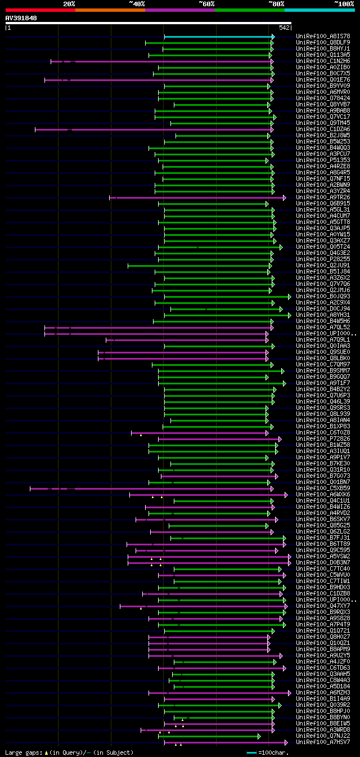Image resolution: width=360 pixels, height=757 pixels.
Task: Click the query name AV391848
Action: click(x=21, y=18)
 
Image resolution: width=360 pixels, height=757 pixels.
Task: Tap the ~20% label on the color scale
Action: click(x=69, y=3)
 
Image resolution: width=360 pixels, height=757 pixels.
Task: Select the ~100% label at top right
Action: click(x=344, y=3)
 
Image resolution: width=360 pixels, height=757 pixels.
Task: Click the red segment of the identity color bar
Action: click(x=40, y=10)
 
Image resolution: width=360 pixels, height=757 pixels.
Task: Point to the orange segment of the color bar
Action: click(x=110, y=10)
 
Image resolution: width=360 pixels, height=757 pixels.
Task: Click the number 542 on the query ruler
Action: click(x=284, y=28)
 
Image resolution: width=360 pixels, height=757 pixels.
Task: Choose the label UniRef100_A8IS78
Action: click(x=323, y=37)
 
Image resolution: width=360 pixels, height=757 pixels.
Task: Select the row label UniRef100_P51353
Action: click(x=323, y=160)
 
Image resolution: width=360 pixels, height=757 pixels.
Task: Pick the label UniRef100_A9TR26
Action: click(x=323, y=198)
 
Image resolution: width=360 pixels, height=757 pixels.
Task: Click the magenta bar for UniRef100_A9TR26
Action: click(x=197, y=198)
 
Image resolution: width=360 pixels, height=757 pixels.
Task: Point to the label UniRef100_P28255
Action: click(x=323, y=259)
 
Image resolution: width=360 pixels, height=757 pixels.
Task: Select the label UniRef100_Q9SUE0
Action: click(x=323, y=352)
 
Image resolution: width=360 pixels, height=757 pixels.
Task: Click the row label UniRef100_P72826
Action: click(x=323, y=439)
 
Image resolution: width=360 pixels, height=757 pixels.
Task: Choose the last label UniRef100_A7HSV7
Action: click(x=323, y=742)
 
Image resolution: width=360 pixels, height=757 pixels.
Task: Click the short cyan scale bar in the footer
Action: click(x=251, y=752)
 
